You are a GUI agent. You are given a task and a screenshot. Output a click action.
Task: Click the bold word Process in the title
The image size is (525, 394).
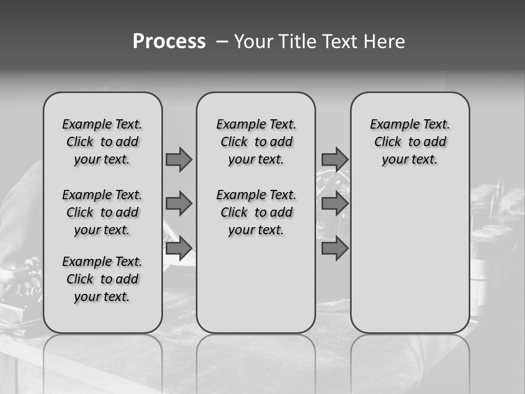click(169, 42)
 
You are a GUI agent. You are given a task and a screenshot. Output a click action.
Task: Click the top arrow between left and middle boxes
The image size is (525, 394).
click(179, 159)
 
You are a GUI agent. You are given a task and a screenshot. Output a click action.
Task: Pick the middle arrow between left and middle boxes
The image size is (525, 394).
click(179, 204)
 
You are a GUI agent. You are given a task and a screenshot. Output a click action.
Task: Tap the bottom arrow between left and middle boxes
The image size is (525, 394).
click(179, 248)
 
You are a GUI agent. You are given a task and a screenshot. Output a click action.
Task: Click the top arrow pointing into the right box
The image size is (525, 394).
click(335, 159)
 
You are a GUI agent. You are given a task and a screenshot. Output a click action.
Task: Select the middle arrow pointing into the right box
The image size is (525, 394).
click(335, 204)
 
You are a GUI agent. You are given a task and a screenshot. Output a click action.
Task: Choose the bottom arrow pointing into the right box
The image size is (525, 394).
click(335, 248)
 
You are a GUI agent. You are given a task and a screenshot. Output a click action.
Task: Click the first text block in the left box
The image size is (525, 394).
click(102, 142)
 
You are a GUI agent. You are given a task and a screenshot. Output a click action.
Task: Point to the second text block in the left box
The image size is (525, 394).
click(102, 212)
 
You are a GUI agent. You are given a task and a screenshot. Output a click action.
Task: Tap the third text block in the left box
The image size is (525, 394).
click(102, 279)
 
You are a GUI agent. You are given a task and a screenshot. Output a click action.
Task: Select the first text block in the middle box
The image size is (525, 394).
click(256, 142)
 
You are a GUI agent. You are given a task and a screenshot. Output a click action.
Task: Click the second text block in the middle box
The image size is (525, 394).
click(256, 212)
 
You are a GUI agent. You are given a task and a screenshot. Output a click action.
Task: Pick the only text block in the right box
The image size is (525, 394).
click(410, 142)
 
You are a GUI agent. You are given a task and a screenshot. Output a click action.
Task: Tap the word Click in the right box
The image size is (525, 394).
click(388, 142)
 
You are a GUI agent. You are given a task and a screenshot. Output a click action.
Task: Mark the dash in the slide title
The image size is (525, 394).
click(221, 42)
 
